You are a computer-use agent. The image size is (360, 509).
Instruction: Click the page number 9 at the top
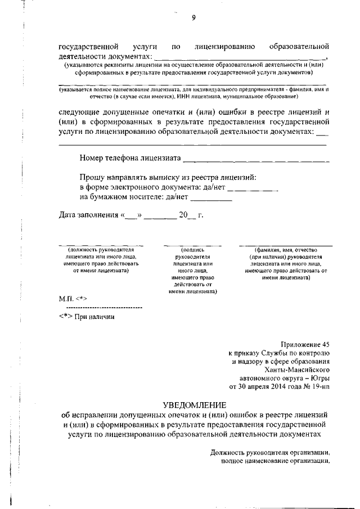click(193, 18)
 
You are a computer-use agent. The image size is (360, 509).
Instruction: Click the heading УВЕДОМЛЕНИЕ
click(194, 404)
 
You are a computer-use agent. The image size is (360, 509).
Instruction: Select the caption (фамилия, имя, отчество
click(286, 249)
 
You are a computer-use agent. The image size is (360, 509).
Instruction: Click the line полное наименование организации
click(274, 461)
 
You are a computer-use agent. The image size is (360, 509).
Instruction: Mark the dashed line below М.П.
click(104, 308)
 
